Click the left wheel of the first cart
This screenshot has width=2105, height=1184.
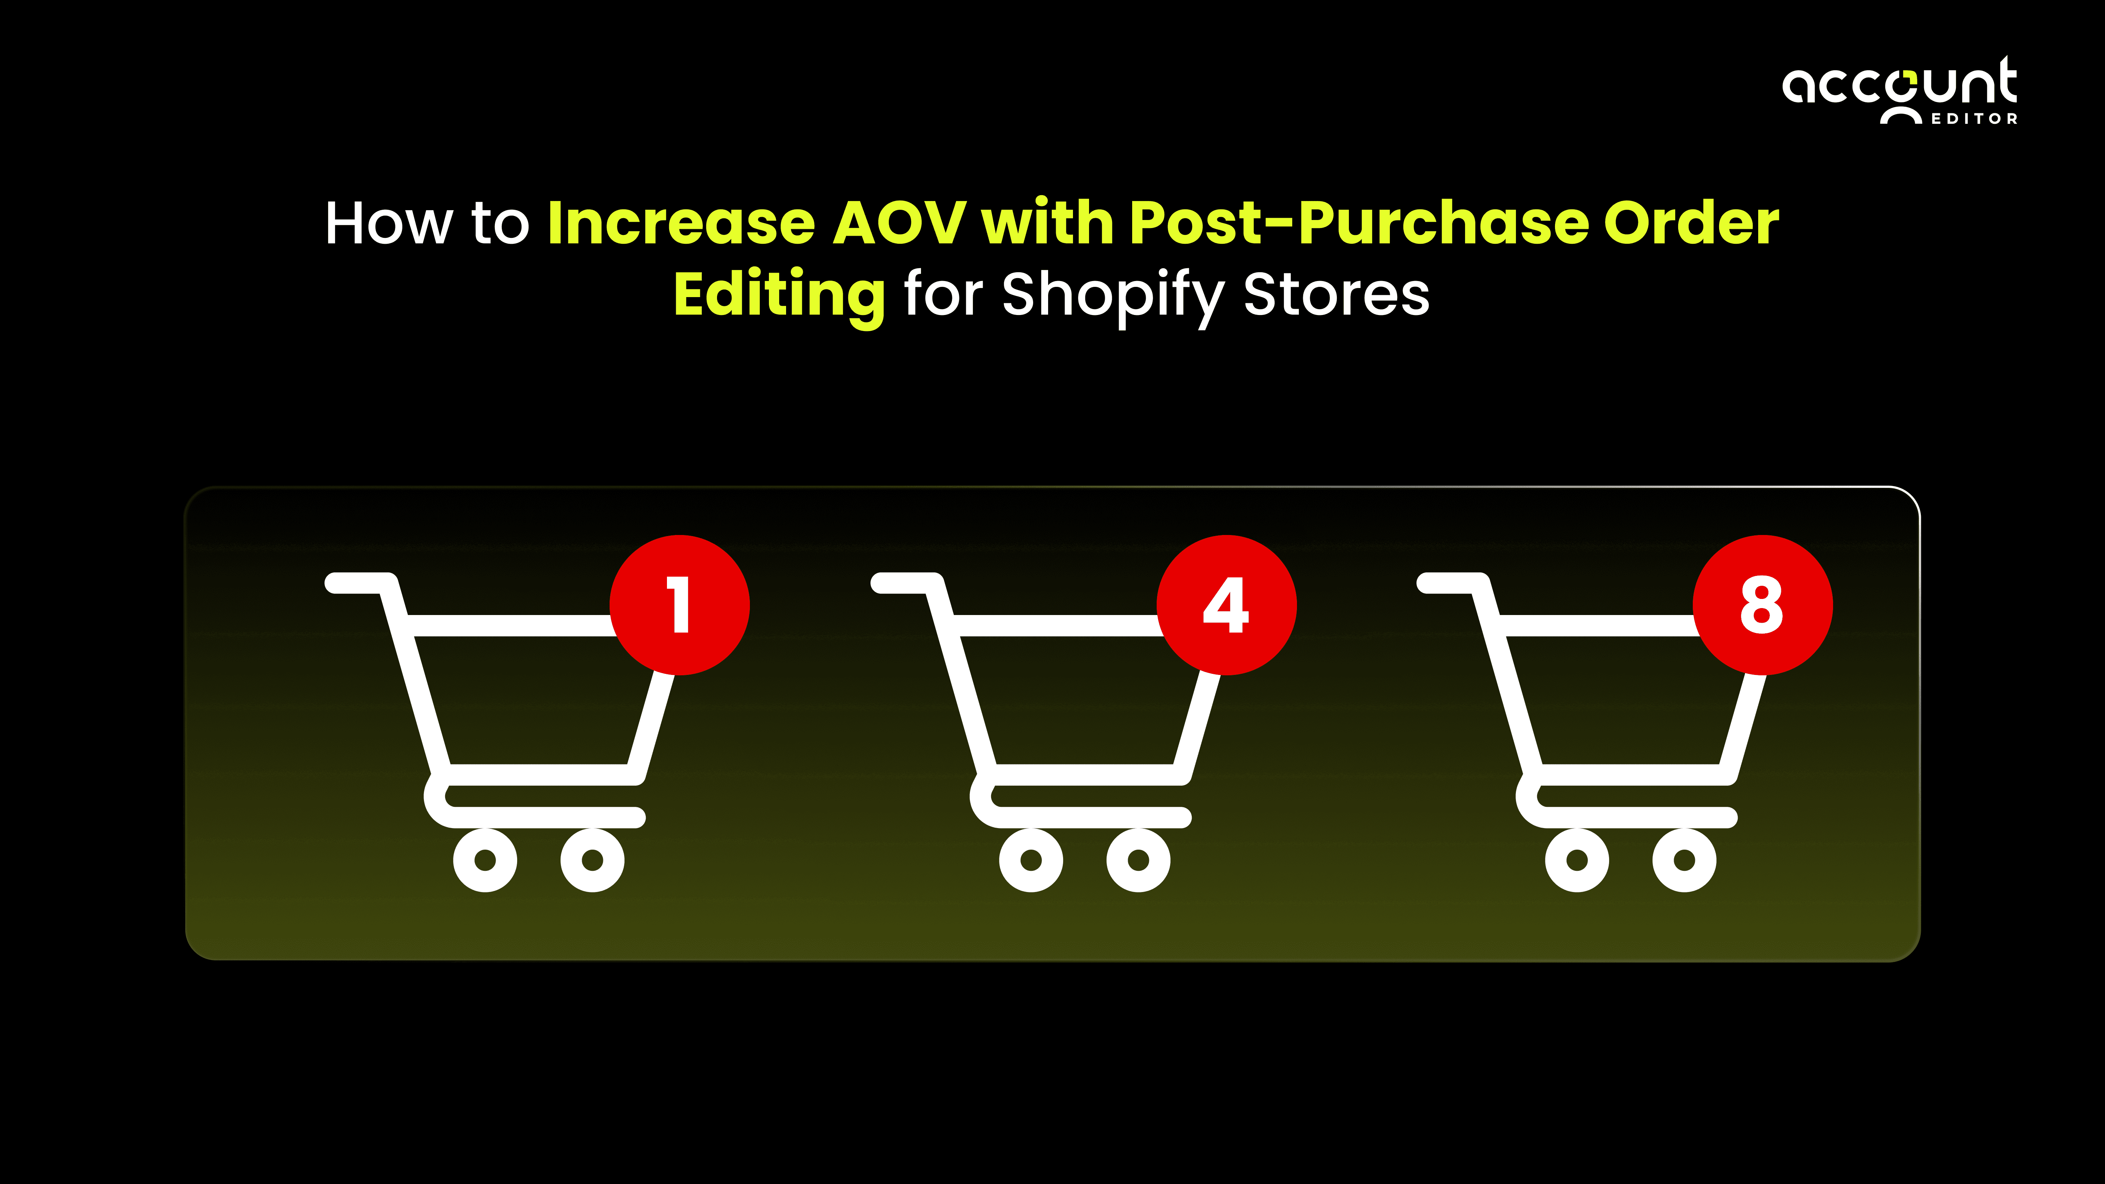point(485,859)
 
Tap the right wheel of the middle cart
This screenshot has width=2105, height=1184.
point(1138,859)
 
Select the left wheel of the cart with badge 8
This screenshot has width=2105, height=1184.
point(1577,859)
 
